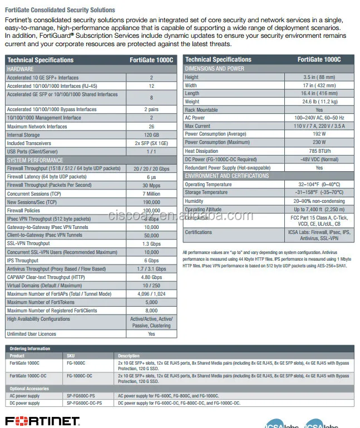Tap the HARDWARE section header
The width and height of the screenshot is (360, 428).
[x=20, y=69]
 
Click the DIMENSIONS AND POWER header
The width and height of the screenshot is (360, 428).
[x=214, y=68]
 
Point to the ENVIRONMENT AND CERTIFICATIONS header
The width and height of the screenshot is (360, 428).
[x=226, y=176]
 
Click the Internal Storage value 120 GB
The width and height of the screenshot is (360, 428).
[x=151, y=135]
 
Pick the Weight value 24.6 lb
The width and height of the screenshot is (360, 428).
[x=319, y=102]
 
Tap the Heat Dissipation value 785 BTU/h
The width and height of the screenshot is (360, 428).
[x=319, y=151]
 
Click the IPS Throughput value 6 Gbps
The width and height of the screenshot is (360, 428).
[x=151, y=260]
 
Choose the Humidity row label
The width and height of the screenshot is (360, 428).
[x=194, y=201]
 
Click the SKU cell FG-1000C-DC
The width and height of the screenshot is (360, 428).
[x=80, y=376]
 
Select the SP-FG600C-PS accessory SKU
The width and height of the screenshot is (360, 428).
[x=83, y=396]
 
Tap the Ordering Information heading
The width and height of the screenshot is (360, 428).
[x=29, y=349]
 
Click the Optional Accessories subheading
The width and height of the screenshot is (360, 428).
[x=29, y=389]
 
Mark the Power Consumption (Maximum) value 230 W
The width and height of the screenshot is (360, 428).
[x=319, y=142]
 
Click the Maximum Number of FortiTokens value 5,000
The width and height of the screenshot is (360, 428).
[x=151, y=302]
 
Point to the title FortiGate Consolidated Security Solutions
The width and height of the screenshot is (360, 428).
[x=60, y=10]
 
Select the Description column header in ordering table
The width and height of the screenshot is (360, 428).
[x=129, y=356]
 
